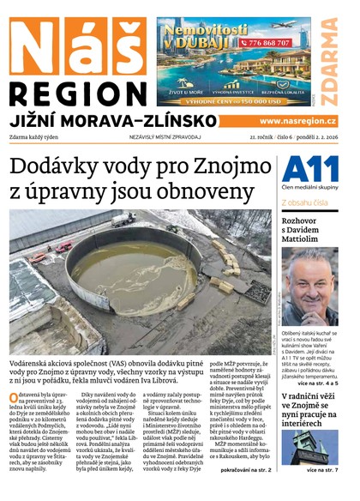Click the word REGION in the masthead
pos(77,91)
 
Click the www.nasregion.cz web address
pos(299,122)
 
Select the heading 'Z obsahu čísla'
pos(305,202)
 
